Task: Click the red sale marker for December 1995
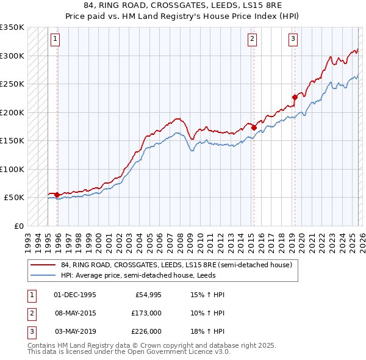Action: click(57, 195)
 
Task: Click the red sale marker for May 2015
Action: click(254, 128)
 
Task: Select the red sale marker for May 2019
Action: click(295, 97)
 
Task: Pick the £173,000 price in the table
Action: click(146, 312)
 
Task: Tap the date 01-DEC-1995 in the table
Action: click(75, 295)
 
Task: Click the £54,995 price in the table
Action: click(148, 295)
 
